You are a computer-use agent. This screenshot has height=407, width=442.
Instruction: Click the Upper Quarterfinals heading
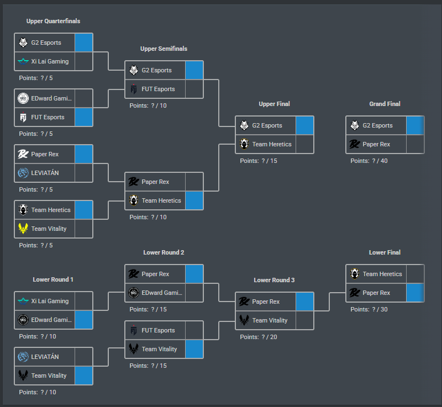coord(53,21)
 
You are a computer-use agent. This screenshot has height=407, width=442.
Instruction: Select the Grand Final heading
coord(385,104)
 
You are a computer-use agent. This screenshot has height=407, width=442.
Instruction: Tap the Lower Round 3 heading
coord(274,280)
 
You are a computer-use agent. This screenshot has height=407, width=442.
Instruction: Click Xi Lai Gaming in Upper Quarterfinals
coord(50,61)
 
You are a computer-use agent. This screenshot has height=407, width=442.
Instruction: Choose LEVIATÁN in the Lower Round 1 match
coord(45,357)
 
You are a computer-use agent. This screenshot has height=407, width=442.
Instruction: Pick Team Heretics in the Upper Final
coord(272,144)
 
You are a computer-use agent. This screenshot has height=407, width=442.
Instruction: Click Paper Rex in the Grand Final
coord(376,144)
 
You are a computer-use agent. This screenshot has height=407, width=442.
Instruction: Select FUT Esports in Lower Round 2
coord(158,330)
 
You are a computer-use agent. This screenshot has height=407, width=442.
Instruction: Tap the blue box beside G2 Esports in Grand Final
coord(415,125)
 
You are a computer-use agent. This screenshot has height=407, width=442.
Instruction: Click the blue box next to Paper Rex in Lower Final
coord(415,293)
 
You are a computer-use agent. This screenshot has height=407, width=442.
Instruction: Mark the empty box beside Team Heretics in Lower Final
coord(415,274)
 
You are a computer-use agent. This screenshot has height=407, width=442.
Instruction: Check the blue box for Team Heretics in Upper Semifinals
coord(194,200)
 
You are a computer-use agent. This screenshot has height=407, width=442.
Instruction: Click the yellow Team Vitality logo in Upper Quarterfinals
coord(23,229)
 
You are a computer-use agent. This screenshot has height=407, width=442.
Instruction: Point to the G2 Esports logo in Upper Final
coord(244,125)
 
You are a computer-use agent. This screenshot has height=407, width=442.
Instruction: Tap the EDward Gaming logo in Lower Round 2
coord(134,293)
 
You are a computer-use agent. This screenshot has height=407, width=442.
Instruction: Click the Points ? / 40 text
coord(369,161)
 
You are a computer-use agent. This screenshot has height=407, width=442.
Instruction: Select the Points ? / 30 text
coord(369,309)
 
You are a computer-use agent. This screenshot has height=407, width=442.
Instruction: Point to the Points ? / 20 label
coord(259,337)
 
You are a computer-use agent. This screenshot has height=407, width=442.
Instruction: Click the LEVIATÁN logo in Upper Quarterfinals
coord(23,173)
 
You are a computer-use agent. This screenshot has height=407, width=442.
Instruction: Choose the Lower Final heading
coord(385,252)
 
